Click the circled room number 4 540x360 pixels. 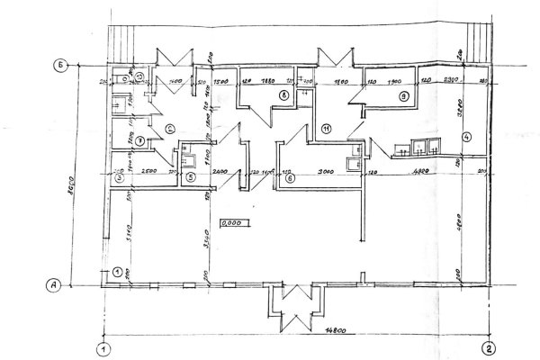coord(466,137)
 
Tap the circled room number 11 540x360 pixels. coord(327,129)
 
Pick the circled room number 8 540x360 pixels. coord(282,94)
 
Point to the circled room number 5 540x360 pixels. coord(191,177)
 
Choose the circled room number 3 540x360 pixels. coord(118,177)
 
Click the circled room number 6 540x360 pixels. coord(289,177)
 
